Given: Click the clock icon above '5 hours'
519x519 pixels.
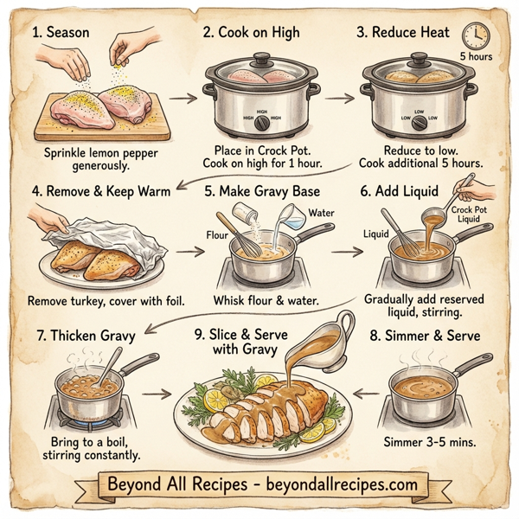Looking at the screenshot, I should (x=475, y=35).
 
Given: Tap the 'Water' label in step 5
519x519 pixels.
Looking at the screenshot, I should (x=320, y=212).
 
